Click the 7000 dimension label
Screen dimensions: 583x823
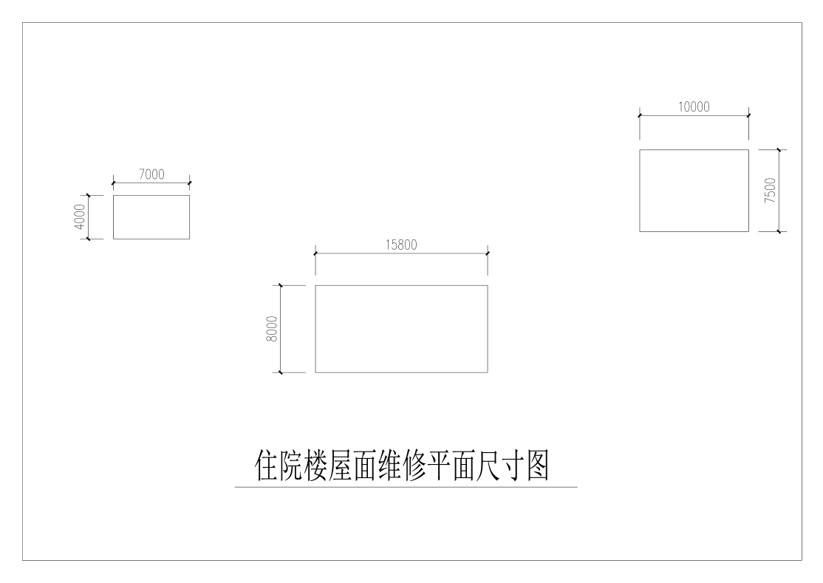151,174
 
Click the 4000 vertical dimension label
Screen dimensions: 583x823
81,217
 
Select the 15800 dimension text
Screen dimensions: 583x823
401,245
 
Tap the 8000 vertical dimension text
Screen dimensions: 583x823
272,328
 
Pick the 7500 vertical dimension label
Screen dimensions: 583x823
770,191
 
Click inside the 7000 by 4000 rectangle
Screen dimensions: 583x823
151,217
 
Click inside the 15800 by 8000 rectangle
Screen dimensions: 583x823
401,328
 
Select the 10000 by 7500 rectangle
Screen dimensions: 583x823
694,191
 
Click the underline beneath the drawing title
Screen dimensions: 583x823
406,488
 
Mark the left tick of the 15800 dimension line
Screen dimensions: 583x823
315,253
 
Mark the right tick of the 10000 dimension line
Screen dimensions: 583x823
748,115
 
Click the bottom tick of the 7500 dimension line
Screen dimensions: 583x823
779,231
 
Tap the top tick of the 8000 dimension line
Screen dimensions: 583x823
281,285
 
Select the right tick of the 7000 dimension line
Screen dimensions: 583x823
190,183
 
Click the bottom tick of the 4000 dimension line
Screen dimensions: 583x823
89,239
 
